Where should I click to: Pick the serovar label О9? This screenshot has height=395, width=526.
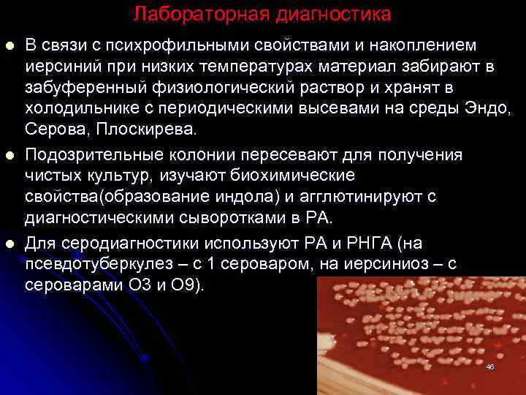186,285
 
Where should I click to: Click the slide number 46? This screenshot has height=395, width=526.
489,366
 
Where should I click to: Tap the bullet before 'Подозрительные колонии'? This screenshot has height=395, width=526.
9,156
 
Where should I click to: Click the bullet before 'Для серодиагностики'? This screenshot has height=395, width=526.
9,243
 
